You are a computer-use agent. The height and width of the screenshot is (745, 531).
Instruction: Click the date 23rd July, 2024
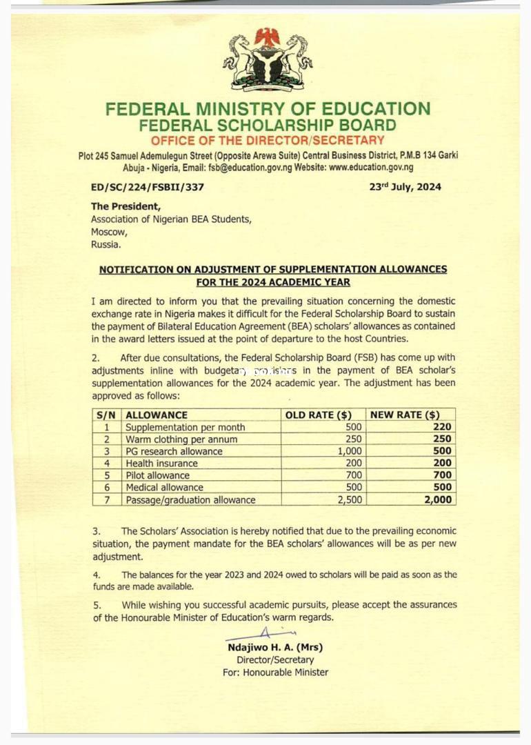[x=405, y=187]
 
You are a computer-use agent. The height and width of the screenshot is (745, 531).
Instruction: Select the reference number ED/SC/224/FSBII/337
[x=148, y=187]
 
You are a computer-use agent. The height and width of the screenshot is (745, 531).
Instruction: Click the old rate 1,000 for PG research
[x=348, y=451]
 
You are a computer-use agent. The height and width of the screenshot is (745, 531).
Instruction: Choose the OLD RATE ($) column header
[x=319, y=415]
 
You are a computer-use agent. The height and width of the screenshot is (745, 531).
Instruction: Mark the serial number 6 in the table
[x=107, y=488]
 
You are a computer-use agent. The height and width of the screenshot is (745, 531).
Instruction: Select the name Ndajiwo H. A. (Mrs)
[x=275, y=648]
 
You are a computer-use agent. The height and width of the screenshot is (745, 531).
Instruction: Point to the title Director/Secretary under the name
[x=275, y=660]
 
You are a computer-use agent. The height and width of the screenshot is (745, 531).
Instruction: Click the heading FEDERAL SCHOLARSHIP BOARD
[x=268, y=126]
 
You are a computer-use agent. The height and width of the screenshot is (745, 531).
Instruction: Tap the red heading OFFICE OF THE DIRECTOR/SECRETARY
[x=268, y=141]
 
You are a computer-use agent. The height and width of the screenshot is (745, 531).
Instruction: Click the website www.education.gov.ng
[x=371, y=168]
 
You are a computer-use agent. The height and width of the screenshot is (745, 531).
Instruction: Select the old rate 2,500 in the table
[x=350, y=499]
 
